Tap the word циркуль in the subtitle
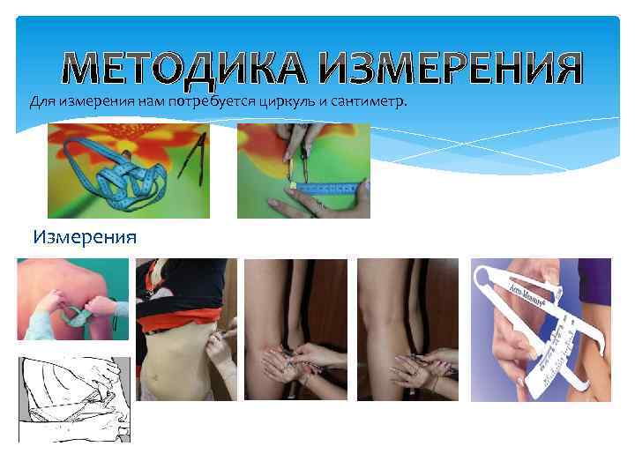pyautogui.click(x=289, y=101)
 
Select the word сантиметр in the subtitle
pyautogui.click(x=369, y=101)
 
